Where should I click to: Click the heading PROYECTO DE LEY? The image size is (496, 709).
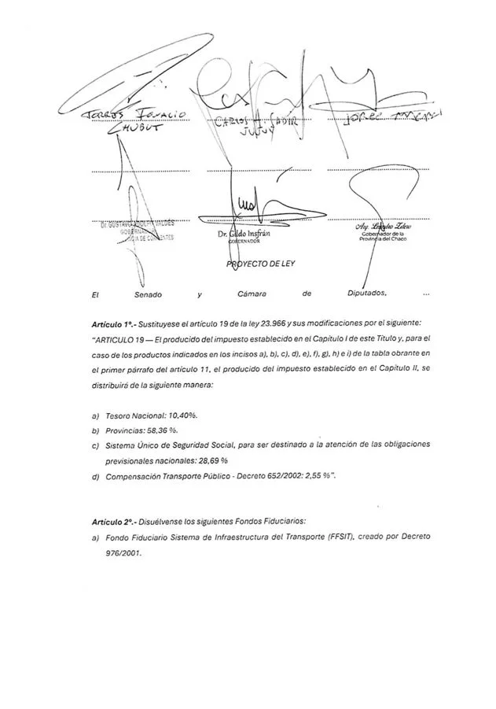click(262, 264)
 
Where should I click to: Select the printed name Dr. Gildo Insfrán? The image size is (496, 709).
click(244, 234)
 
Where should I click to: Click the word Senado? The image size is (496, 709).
click(146, 294)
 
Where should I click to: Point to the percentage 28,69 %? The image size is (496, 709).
click(212, 460)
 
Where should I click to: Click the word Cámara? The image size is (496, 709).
click(252, 294)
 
